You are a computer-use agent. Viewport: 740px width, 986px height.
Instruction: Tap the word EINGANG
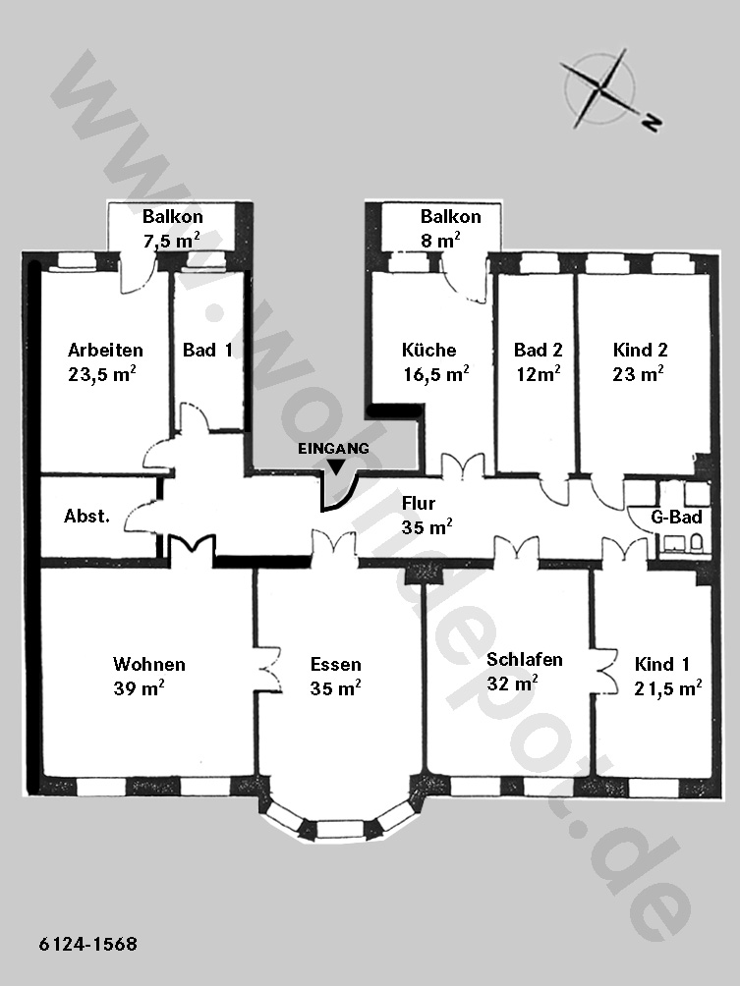[x=333, y=449]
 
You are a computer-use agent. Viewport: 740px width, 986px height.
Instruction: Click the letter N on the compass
[x=652, y=123]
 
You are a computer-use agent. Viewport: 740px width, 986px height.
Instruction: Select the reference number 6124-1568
[x=88, y=945]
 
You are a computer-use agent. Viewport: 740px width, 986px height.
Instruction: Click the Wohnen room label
[x=149, y=665]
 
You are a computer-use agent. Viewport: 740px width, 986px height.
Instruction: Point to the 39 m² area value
[x=140, y=687]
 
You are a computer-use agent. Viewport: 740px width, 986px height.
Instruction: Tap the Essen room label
[x=336, y=665]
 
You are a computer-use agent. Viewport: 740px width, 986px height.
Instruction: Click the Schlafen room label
[x=525, y=660]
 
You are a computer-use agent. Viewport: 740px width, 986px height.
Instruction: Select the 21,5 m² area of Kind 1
[x=668, y=687]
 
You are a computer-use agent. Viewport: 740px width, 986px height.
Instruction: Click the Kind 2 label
[x=640, y=350]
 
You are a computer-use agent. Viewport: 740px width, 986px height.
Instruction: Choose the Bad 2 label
[x=538, y=350]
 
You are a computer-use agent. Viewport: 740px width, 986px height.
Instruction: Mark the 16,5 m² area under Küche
[x=436, y=373]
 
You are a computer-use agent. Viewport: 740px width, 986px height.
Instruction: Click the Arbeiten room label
[x=106, y=350]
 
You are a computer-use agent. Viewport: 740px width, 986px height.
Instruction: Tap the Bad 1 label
[x=207, y=350]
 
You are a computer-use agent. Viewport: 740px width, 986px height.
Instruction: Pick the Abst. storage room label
[x=86, y=517]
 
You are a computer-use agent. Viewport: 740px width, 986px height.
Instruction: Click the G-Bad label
[x=676, y=518]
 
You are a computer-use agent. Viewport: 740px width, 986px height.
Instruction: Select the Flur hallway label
[x=419, y=503]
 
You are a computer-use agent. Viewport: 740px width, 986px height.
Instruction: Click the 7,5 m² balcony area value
[x=172, y=240]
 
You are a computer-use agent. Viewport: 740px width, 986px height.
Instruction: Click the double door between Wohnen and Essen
[x=268, y=670]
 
